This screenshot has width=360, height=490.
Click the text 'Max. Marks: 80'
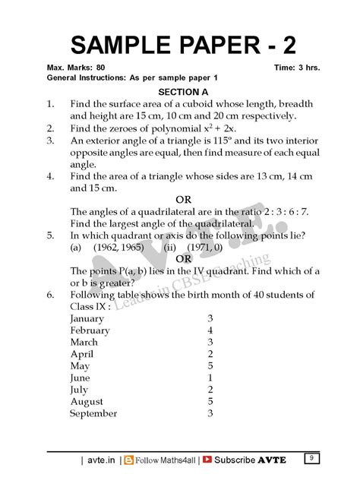pos(77,68)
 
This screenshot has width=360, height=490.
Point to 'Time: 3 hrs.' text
pos(297,68)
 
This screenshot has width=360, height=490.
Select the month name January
pos(90,318)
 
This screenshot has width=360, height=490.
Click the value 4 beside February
pos(210,330)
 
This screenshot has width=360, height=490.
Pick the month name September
pos(93,414)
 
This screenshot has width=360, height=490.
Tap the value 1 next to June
pos(210,378)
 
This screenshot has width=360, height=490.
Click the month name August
pos(87,402)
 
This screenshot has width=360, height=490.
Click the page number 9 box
pos(311,457)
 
